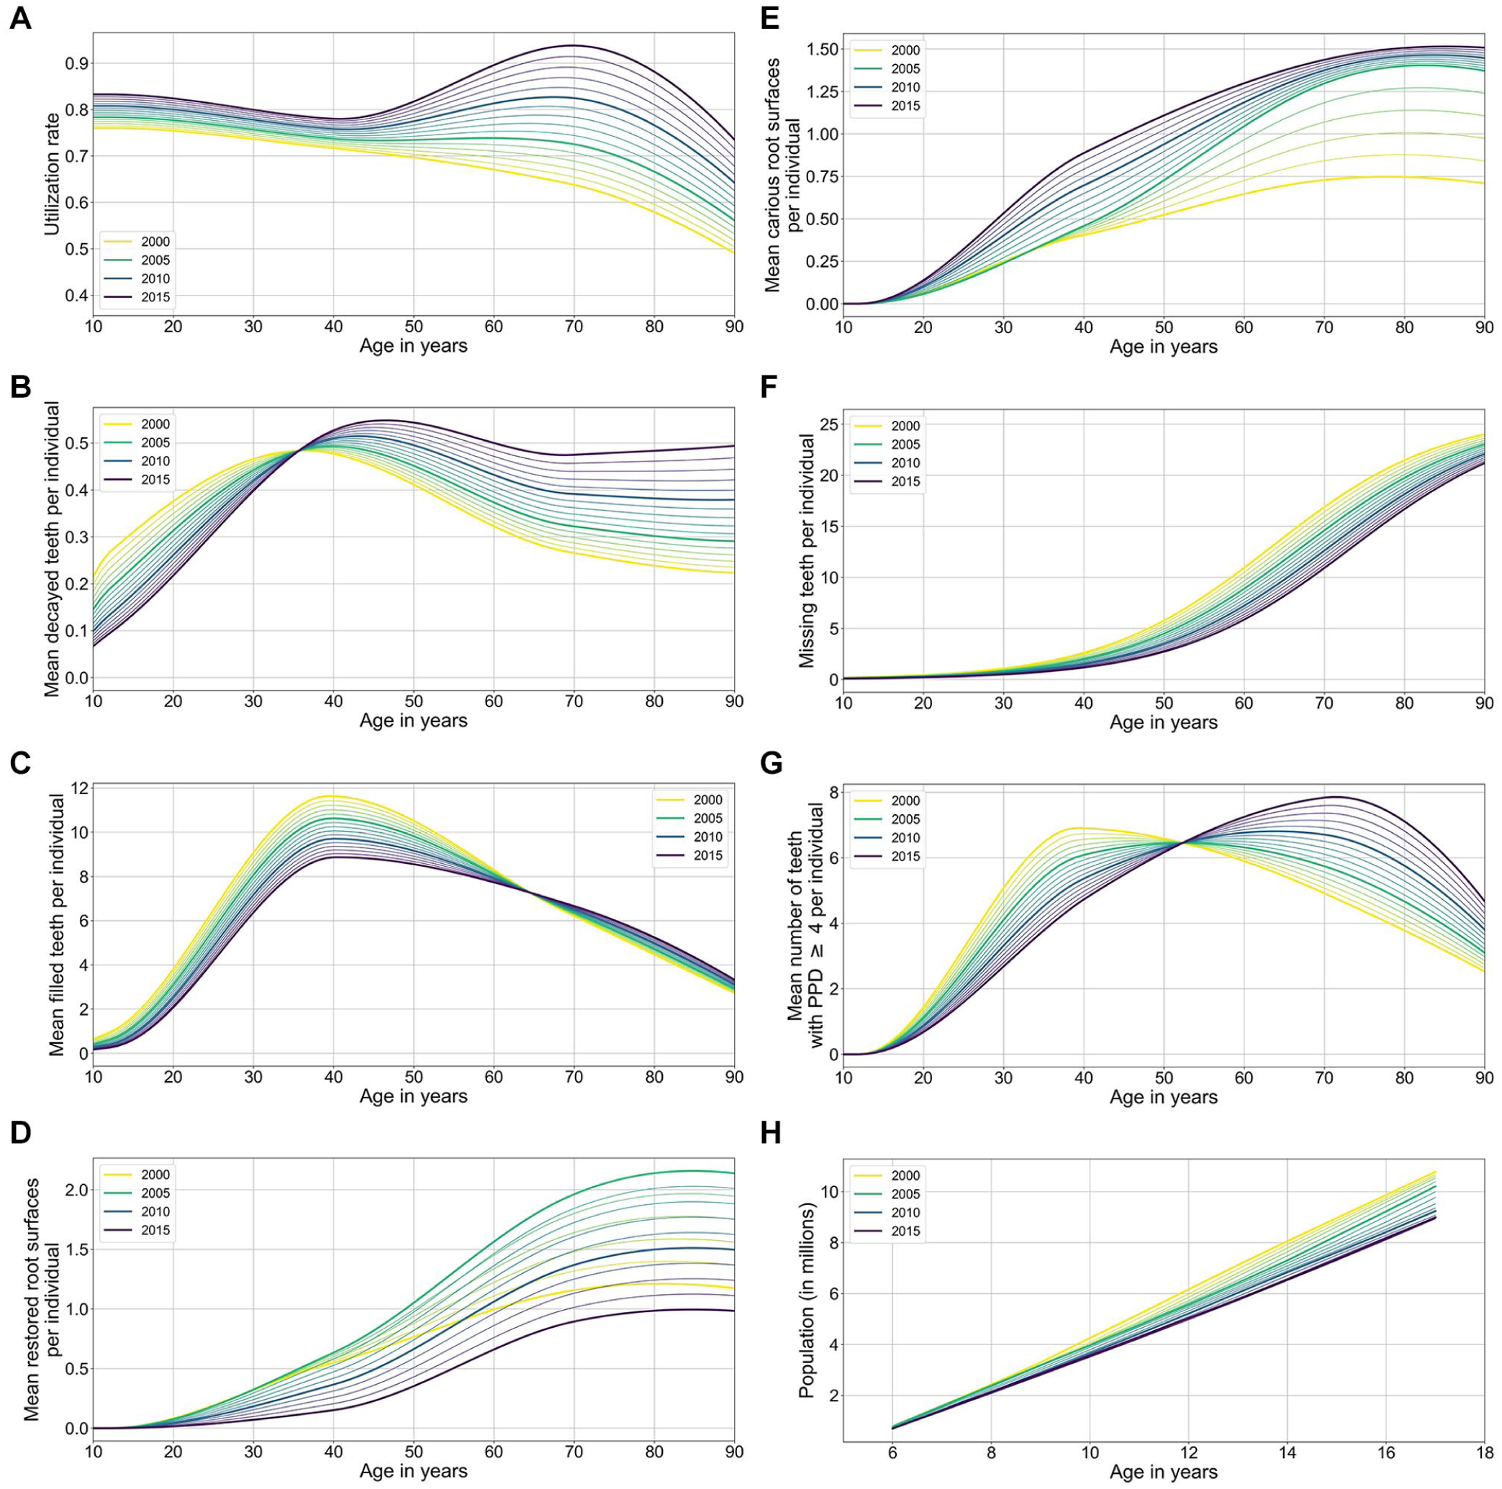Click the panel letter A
[20, 18]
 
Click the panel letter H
[771, 1134]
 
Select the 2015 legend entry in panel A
[155, 297]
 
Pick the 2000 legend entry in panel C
[707, 800]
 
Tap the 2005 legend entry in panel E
[905, 68]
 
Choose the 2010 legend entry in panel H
[905, 1212]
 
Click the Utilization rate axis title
[52, 173]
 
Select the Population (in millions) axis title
[806, 1301]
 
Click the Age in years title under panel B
[413, 721]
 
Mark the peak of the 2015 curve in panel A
[574, 46]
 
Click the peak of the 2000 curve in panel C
[334, 796]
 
